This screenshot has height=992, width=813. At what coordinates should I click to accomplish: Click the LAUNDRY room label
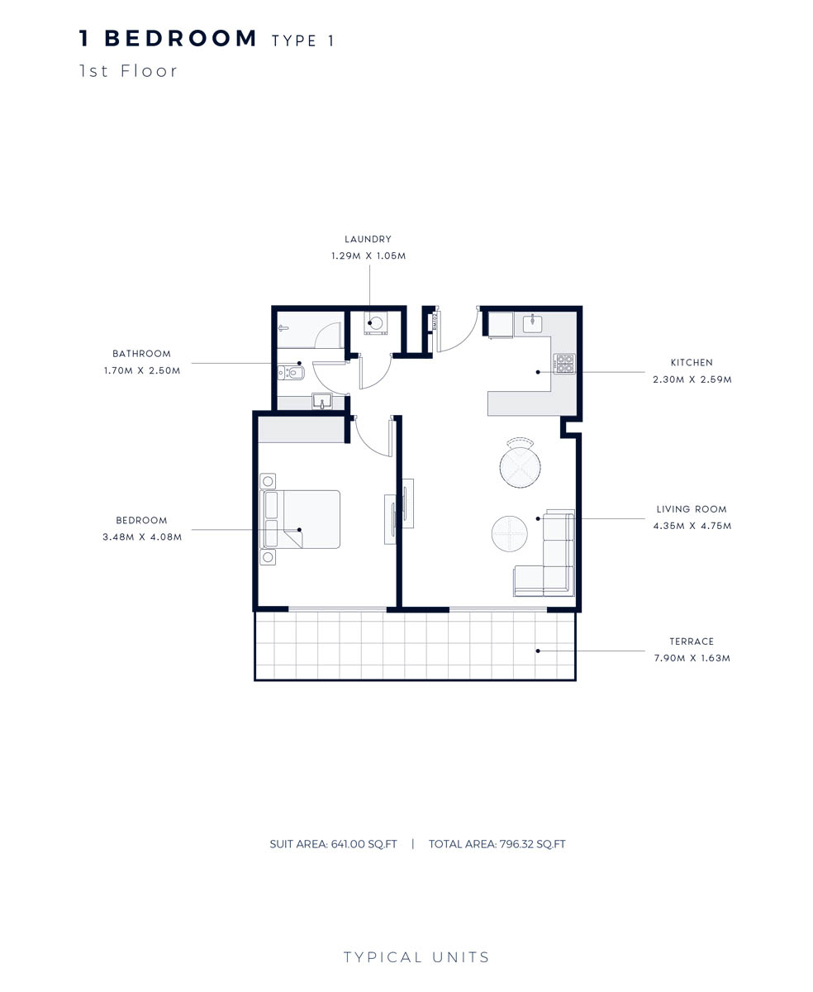click(x=368, y=240)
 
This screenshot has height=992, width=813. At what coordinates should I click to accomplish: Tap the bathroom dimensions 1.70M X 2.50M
click(x=142, y=371)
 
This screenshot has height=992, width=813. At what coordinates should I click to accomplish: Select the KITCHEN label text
click(x=692, y=363)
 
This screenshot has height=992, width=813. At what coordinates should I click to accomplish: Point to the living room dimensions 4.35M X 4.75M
click(x=692, y=526)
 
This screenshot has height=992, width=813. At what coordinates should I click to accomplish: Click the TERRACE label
click(x=692, y=641)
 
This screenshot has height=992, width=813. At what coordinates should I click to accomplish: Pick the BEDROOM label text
click(x=141, y=521)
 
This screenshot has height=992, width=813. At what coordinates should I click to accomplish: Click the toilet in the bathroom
click(x=291, y=373)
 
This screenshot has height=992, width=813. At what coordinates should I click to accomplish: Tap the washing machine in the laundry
click(x=376, y=323)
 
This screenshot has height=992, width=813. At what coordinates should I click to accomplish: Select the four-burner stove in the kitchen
click(x=564, y=363)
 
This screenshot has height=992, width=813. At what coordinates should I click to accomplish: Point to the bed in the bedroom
click(x=302, y=519)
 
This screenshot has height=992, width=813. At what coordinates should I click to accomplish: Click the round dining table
click(x=521, y=466)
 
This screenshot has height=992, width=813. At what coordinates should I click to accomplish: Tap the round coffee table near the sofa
click(x=509, y=533)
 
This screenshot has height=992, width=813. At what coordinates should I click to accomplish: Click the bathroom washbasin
click(x=321, y=401)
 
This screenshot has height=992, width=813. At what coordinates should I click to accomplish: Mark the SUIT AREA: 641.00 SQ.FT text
click(x=333, y=844)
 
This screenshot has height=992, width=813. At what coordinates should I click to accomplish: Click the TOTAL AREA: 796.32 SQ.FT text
click(x=497, y=844)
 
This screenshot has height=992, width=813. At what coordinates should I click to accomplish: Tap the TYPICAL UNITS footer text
click(x=416, y=957)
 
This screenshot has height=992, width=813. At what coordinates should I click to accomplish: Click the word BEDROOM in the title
click(x=181, y=39)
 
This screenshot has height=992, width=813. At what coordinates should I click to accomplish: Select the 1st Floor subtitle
click(x=129, y=71)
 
